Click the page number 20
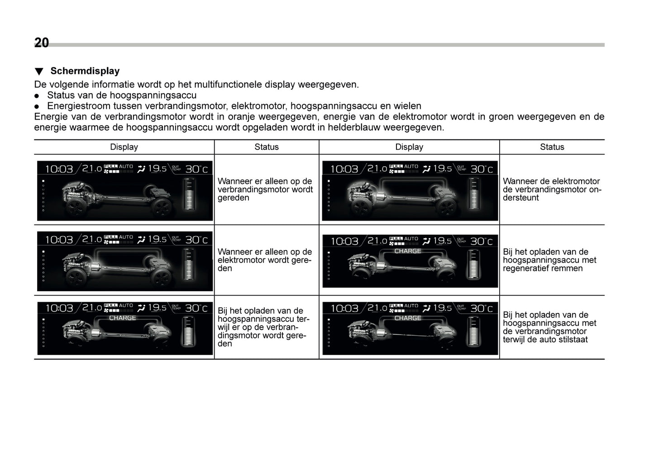click(42, 43)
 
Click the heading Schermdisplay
click(85, 71)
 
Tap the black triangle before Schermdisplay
click(39, 72)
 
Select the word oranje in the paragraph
click(253, 117)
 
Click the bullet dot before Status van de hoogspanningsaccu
click(38, 96)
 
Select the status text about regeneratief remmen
click(549, 260)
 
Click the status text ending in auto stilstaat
click(549, 327)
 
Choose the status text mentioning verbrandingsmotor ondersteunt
click(551, 189)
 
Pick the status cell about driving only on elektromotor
click(265, 260)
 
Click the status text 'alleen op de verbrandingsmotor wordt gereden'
click(265, 189)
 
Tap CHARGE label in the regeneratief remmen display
click(407, 251)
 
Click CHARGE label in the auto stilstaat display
click(407, 318)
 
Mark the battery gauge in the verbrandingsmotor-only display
click(189, 193)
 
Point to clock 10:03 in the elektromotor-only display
click(59, 240)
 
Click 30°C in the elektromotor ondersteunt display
click(482, 169)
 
